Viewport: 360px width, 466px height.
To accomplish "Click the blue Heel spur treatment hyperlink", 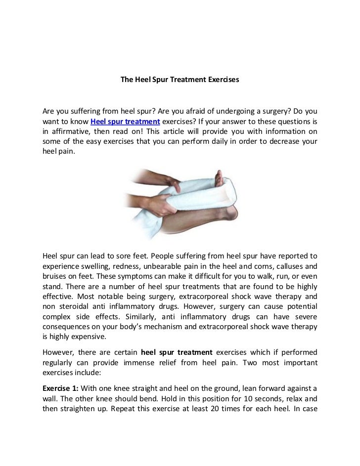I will tap(125, 122).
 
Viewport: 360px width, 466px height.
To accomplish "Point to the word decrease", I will tap(283, 142).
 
